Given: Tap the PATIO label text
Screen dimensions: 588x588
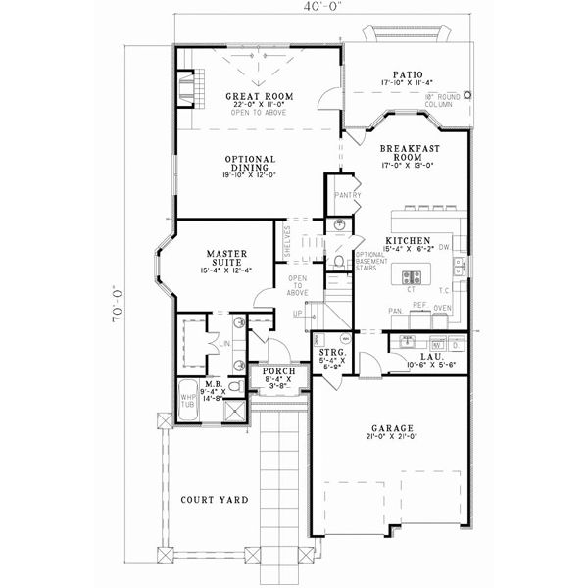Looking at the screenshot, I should (x=407, y=73).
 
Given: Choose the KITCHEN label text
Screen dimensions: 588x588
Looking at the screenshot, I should (x=404, y=240).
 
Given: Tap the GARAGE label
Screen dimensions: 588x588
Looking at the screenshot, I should (x=391, y=428).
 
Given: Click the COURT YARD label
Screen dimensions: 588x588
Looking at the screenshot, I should (x=214, y=500).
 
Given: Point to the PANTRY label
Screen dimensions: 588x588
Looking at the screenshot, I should (x=348, y=195).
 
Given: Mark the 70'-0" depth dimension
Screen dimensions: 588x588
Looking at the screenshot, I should (x=117, y=304).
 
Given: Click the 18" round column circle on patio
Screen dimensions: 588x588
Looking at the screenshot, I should (x=467, y=96).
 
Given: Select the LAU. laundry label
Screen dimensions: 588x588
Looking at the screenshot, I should (x=427, y=357).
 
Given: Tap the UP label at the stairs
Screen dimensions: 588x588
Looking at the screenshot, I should (x=296, y=313).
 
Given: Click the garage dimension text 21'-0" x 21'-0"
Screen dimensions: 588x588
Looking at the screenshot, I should (x=391, y=439).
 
